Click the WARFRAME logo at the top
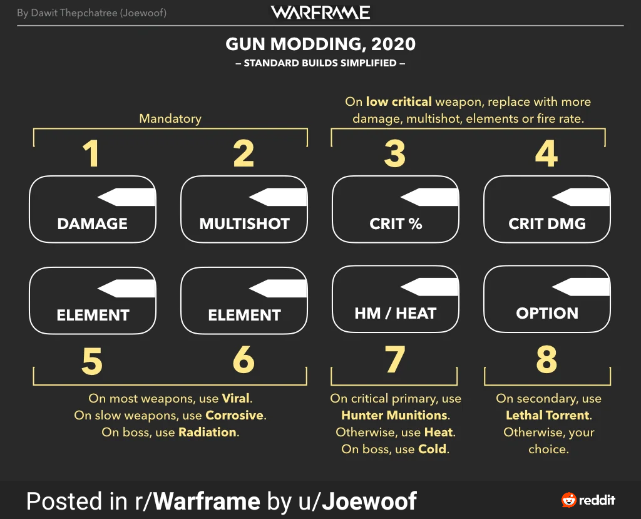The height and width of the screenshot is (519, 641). pyautogui.click(x=320, y=13)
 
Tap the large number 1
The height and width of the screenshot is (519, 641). pyautogui.click(x=91, y=153)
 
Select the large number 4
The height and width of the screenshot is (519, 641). pyautogui.click(x=546, y=153)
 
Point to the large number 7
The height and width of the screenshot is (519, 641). pyautogui.click(x=394, y=360)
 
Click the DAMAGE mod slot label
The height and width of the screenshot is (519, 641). pyautogui.click(x=93, y=224)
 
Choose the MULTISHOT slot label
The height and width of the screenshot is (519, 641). pyautogui.click(x=244, y=224)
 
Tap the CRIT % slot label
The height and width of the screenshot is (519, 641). pyautogui.click(x=395, y=224)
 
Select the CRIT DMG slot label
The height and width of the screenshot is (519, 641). pyautogui.click(x=547, y=224)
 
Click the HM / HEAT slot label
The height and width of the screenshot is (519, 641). pyautogui.click(x=395, y=313)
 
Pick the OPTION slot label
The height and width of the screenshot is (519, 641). pyautogui.click(x=547, y=313)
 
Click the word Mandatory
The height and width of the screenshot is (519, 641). pyautogui.click(x=170, y=118)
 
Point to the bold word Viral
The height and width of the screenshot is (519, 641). pyautogui.click(x=236, y=398)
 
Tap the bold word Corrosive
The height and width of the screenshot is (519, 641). pyautogui.click(x=235, y=415)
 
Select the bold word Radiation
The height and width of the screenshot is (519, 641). pyautogui.click(x=207, y=432)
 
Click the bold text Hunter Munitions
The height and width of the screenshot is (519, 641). pyautogui.click(x=395, y=415)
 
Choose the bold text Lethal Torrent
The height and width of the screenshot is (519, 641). pyautogui.click(x=548, y=415)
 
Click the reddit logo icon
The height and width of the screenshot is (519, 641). pyautogui.click(x=569, y=500)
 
